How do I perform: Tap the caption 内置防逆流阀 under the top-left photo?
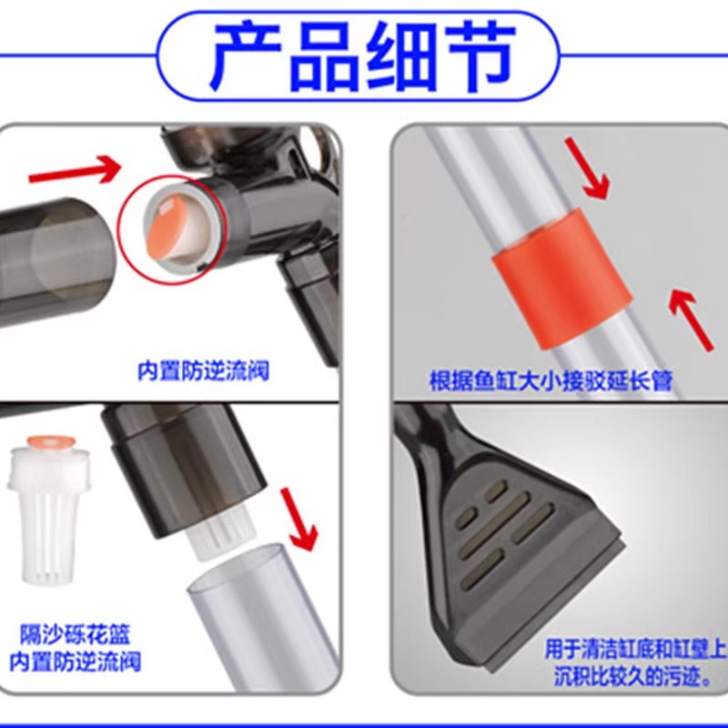click(x=204, y=372)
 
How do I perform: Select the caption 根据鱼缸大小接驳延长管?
click(x=551, y=380)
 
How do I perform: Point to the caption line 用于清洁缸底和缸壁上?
click(x=636, y=650)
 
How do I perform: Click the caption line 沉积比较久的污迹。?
click(x=636, y=676)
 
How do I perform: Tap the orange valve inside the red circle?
click(x=167, y=222)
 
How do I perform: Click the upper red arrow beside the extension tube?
click(x=587, y=167)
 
